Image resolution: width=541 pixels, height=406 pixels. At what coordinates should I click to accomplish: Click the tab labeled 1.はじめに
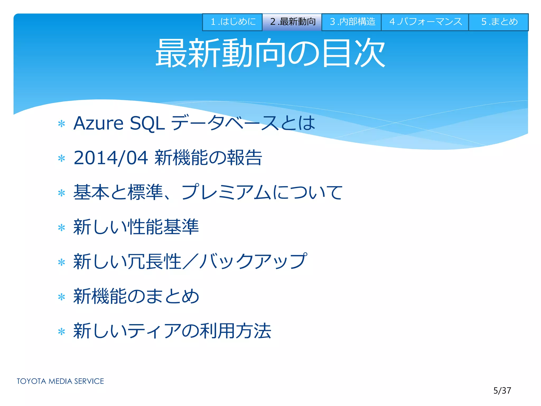point(232,22)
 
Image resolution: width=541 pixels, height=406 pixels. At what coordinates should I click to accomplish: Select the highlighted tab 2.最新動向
point(292,22)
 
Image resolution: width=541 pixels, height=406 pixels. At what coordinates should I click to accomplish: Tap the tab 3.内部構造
point(352,22)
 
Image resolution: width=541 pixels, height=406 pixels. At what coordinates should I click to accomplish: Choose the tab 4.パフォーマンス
point(425,22)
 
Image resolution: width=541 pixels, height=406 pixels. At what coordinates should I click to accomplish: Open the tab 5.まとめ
point(499,22)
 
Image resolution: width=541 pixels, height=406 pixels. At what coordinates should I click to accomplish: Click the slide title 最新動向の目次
point(270,53)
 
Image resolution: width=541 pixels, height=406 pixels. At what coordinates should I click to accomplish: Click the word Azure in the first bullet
point(98,123)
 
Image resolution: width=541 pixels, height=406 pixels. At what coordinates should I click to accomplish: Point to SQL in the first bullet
point(147,124)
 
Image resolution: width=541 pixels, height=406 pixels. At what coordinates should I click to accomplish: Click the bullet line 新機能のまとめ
point(136,296)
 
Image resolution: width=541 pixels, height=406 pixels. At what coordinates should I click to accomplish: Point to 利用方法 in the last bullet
point(235,331)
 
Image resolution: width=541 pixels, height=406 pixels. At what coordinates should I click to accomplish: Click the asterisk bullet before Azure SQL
point(62,124)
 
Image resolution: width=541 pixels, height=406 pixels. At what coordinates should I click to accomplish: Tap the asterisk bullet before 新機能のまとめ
point(62,297)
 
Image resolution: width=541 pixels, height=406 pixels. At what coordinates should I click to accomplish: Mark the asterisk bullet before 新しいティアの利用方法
point(62,331)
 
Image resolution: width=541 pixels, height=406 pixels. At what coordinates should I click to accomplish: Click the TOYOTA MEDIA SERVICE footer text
point(60,381)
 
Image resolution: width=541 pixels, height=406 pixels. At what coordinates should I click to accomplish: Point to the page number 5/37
point(502,391)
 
